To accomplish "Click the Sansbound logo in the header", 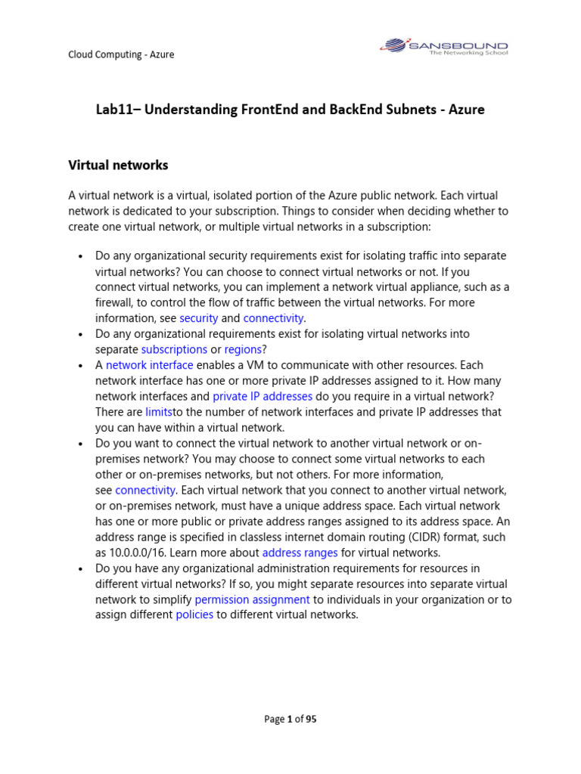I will pyautogui.click(x=443, y=47).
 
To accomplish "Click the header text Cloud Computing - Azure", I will pyautogui.click(x=121, y=54).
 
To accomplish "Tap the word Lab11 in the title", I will pyautogui.click(x=113, y=110).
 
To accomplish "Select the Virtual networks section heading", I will pyautogui.click(x=118, y=165).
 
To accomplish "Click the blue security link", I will pyautogui.click(x=198, y=318).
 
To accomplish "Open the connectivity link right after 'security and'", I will pyautogui.click(x=273, y=318).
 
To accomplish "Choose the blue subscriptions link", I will pyautogui.click(x=174, y=349).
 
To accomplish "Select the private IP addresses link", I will pyautogui.click(x=263, y=396).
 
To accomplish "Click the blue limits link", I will pyautogui.click(x=159, y=412).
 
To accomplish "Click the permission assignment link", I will pyautogui.click(x=252, y=599).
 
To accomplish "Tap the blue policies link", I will pyautogui.click(x=194, y=615).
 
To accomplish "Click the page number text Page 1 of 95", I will pyautogui.click(x=290, y=720).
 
